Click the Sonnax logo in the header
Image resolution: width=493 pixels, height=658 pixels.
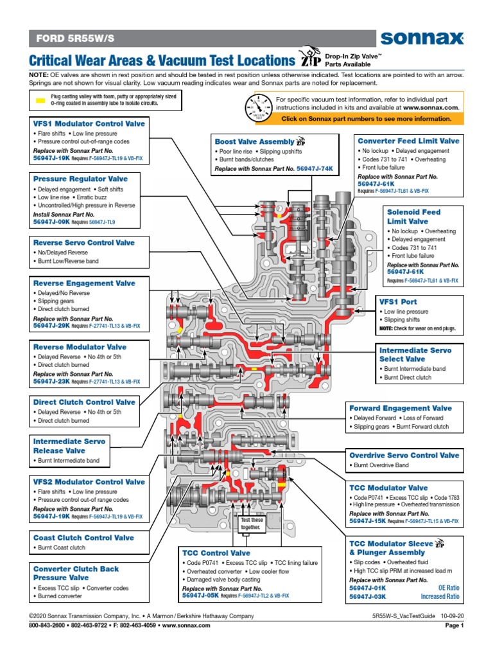coord(421,39)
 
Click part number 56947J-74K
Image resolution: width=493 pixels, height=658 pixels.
coord(312,168)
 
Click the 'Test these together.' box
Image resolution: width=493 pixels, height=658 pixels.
coord(251,523)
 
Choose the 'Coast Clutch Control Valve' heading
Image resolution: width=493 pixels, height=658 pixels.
coord(83,538)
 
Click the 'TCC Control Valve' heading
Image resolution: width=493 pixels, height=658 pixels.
coord(216,553)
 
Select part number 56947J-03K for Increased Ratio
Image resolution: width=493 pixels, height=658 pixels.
coord(368,596)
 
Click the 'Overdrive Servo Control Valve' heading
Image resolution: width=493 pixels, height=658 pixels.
coord(404,455)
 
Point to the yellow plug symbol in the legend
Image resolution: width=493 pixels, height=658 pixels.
coord(40,100)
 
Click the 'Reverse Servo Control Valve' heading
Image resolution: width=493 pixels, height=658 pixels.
coord(83,243)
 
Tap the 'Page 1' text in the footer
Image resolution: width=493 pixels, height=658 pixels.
coord(454,626)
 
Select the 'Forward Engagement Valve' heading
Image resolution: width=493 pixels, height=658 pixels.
coord(400,408)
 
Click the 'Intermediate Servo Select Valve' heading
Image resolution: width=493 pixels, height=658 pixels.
coord(415,355)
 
